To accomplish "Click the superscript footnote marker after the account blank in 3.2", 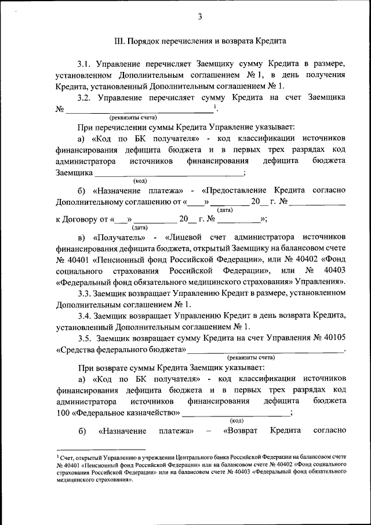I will pos(215,106).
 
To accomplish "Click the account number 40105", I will pos(334,338).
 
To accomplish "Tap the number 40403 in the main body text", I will pos(334,271).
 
